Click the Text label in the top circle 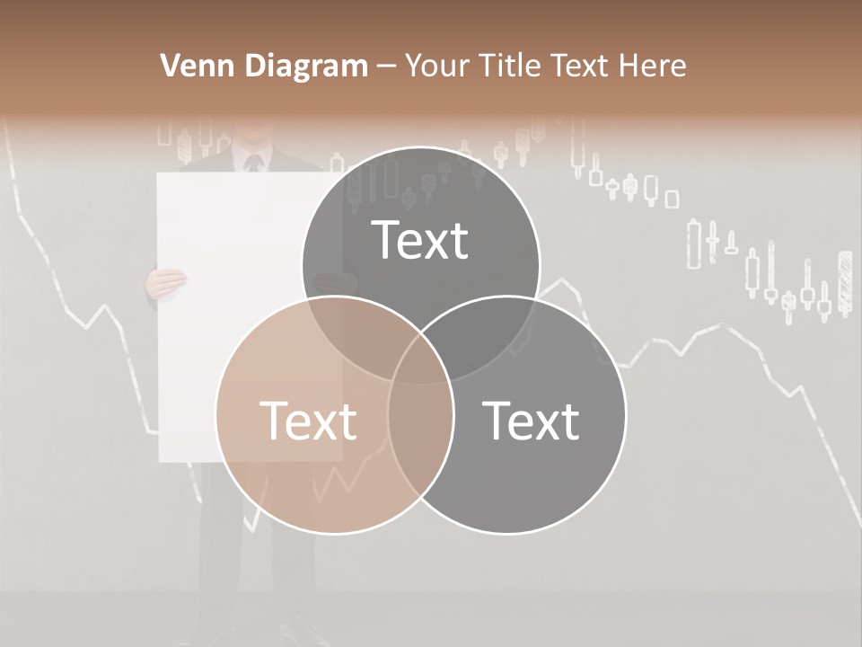(x=420, y=240)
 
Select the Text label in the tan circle (x=308, y=421)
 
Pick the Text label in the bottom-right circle (x=531, y=421)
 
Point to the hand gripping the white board (x=166, y=282)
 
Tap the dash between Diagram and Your (x=386, y=66)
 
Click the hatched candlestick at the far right (x=844, y=283)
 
